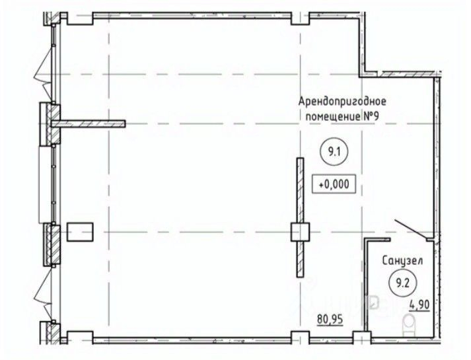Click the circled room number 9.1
(334, 152)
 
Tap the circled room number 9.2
(402, 283)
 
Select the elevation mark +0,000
(334, 184)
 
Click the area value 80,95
(330, 320)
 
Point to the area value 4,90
(419, 305)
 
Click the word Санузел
(402, 261)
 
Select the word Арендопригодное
(342, 101)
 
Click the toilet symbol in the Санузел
(409, 325)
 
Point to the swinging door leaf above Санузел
(410, 230)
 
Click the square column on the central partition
(300, 232)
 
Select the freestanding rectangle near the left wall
(80, 232)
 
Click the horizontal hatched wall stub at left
(89, 124)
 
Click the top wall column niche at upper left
(80, 18)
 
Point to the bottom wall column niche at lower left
(80, 337)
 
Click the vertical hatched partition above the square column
(301, 190)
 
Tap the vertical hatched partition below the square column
(301, 259)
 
